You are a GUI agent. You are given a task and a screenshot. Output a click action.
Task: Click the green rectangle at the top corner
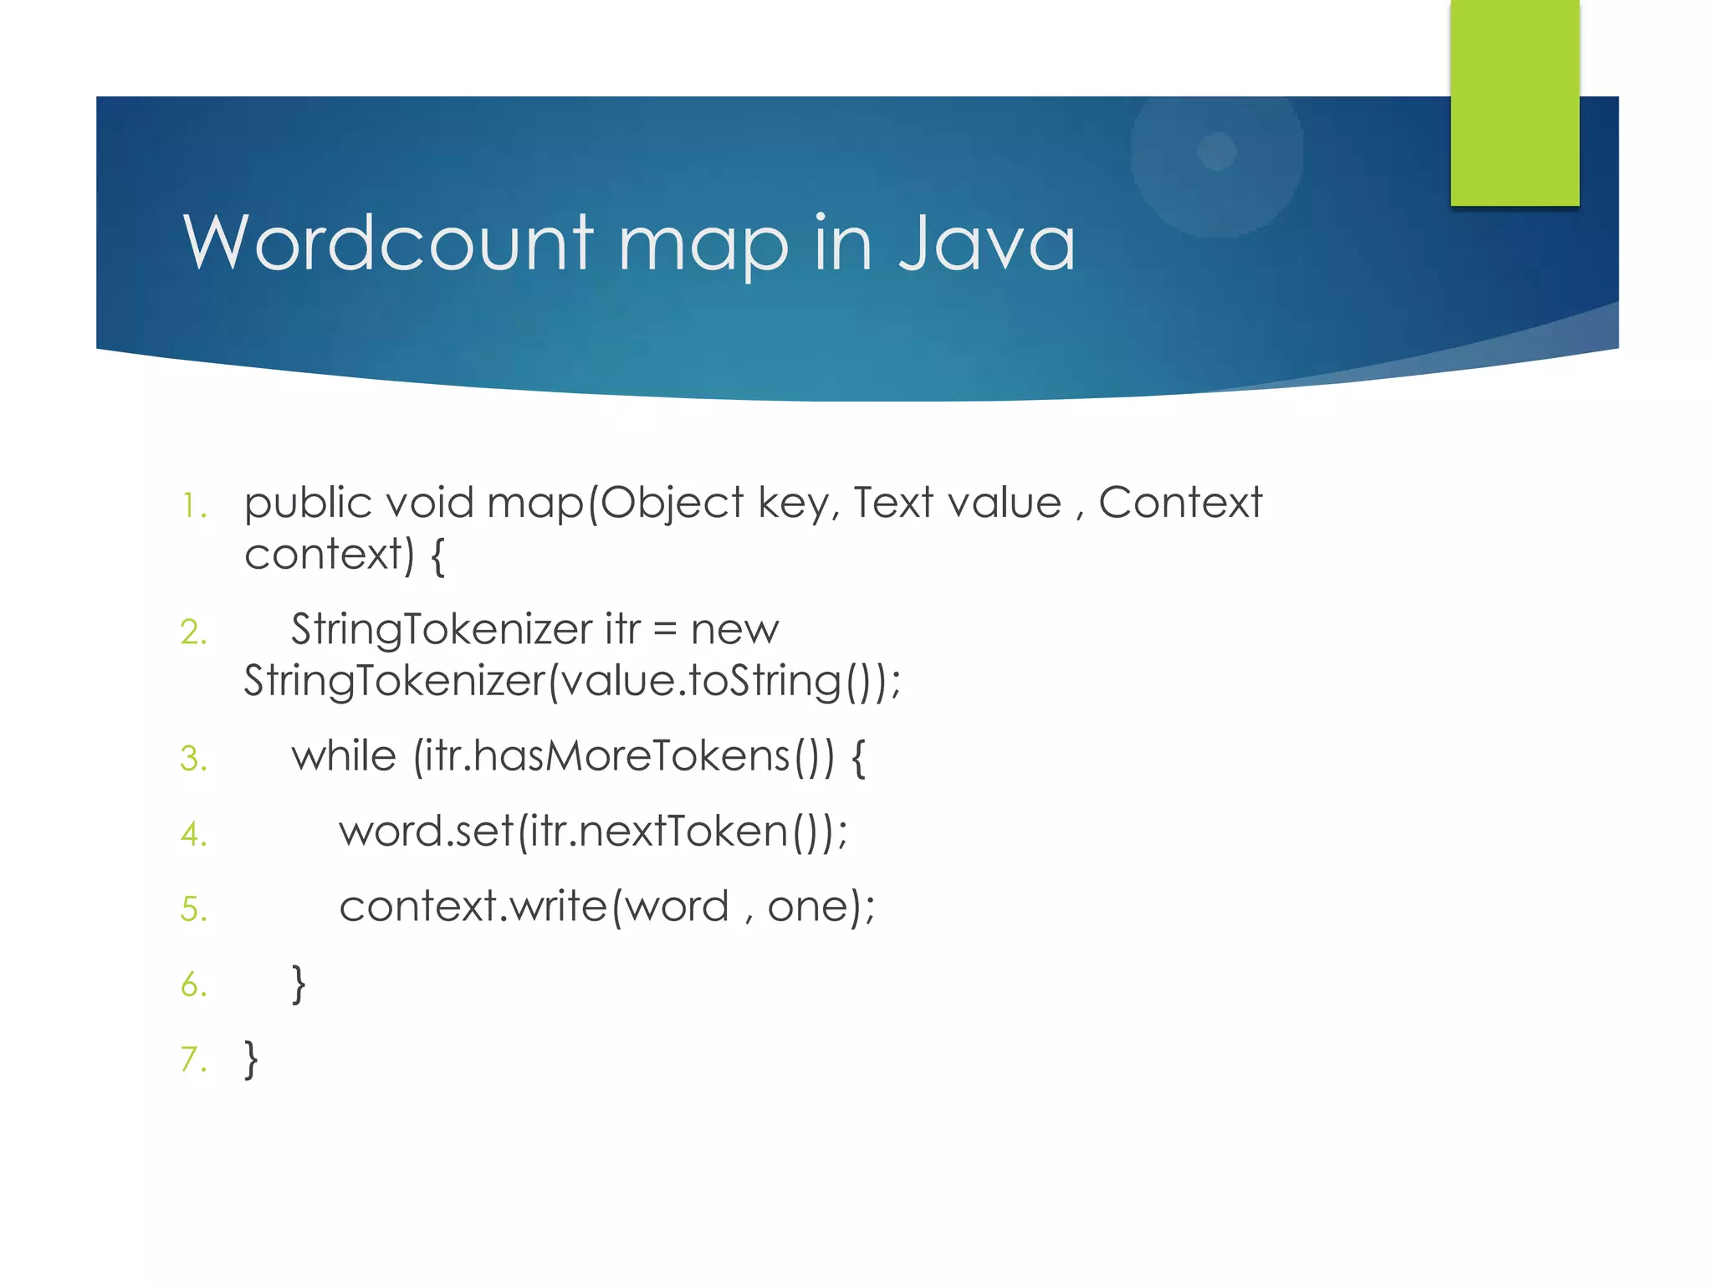point(1515,102)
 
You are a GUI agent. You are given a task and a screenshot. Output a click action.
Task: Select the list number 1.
point(193,506)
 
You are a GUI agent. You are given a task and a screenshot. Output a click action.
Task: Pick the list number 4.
point(193,834)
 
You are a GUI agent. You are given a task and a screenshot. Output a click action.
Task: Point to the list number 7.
point(193,1060)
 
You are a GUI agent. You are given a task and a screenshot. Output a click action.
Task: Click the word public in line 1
point(308,504)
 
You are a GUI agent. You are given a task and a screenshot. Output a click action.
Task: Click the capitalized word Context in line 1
point(1179,503)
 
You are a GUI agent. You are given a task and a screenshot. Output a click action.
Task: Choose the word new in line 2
point(734,630)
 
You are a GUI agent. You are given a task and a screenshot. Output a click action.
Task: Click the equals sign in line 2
point(665,629)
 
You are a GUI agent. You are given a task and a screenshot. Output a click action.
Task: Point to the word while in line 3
point(343,755)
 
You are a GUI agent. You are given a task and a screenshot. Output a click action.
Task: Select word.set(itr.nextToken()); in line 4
point(593,832)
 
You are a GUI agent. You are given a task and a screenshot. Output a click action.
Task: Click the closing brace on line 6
point(299,984)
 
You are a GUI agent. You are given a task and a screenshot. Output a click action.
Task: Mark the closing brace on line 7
point(251,1060)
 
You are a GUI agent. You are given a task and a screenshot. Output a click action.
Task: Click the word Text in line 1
point(893,503)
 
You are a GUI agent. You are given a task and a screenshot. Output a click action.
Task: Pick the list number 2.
point(193,632)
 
